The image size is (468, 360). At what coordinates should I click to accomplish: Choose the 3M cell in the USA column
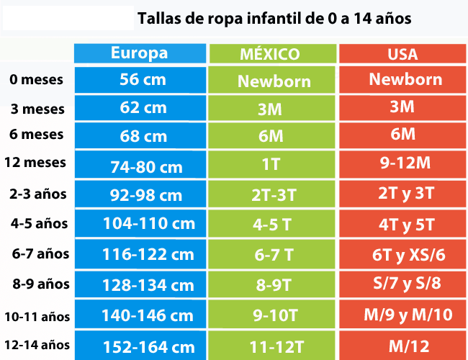(402, 107)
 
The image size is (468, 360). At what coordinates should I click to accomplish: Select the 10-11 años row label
(37, 315)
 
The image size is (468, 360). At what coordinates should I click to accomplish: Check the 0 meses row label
(37, 80)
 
